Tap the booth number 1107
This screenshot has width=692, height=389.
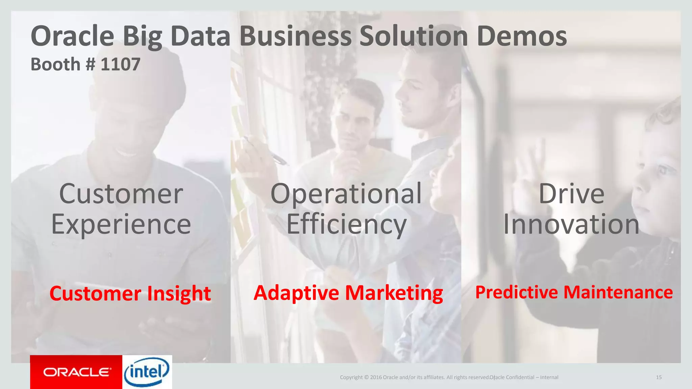[120, 64]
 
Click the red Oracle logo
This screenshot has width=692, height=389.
[76, 372]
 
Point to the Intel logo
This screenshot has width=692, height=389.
[147, 372]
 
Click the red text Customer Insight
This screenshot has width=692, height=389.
[130, 293]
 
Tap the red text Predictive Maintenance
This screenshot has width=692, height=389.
[574, 292]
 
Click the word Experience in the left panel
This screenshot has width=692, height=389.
[121, 225]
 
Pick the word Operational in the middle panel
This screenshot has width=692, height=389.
[346, 194]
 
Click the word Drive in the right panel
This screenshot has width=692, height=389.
[571, 194]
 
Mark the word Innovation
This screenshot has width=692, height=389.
[571, 225]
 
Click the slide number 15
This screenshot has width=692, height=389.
[659, 377]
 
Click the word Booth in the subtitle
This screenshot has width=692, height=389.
[55, 64]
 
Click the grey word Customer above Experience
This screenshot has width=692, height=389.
[121, 194]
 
